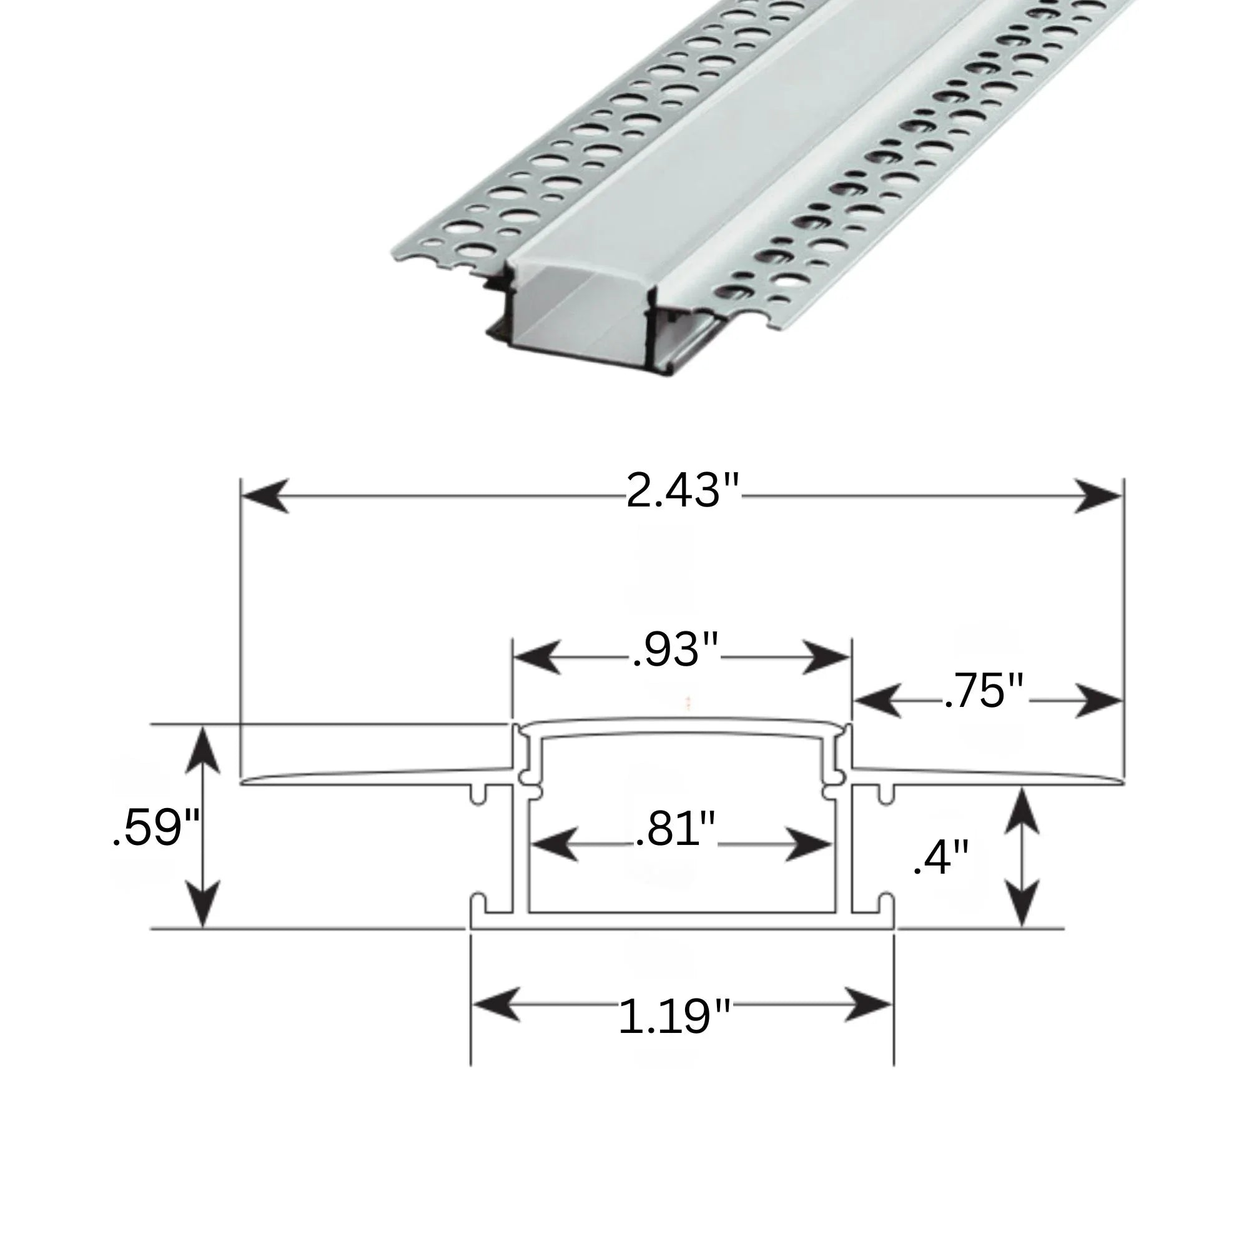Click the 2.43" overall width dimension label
(x=682, y=491)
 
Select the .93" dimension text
(x=674, y=650)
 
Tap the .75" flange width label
(x=984, y=691)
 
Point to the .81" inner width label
(x=675, y=829)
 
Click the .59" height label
(x=156, y=827)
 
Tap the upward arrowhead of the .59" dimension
(x=202, y=750)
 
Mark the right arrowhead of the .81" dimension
(x=809, y=844)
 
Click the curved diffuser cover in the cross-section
(x=682, y=727)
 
